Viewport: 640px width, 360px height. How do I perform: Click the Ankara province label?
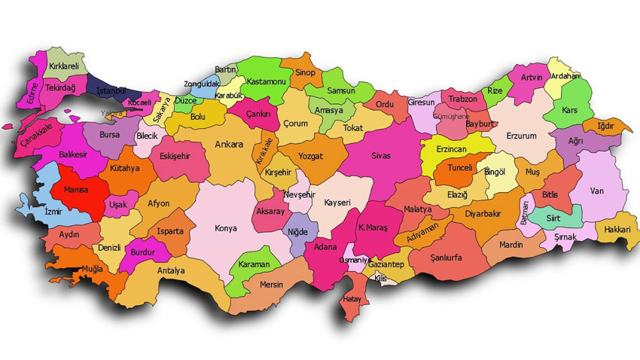[x=229, y=144]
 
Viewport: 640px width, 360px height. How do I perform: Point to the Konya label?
[x=225, y=228]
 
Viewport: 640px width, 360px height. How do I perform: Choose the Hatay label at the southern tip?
[x=352, y=299]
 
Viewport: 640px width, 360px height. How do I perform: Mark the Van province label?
[x=598, y=191]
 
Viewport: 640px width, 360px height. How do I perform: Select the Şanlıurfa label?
[x=445, y=257]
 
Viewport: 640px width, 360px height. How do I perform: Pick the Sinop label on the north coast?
[x=305, y=72]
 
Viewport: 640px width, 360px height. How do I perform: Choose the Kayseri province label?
[x=337, y=203]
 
